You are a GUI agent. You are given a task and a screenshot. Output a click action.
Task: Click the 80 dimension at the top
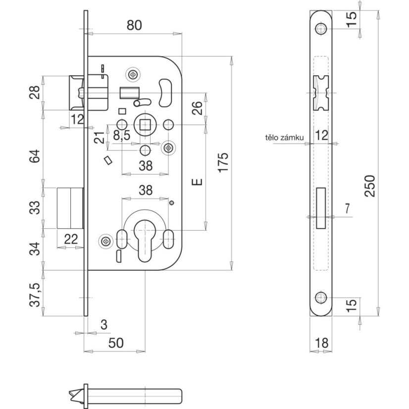134,25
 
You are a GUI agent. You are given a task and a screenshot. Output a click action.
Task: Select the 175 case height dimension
223,162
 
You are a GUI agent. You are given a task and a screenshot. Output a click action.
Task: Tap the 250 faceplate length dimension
369,186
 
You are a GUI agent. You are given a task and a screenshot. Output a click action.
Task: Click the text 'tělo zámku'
284,137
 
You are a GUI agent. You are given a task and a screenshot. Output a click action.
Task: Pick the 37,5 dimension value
35,295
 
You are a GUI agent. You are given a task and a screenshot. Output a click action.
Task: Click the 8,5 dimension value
121,135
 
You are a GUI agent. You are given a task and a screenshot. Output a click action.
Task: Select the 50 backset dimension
116,343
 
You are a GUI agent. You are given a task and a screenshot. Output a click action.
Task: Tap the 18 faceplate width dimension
321,343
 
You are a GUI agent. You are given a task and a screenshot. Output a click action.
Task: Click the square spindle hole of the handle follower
145,125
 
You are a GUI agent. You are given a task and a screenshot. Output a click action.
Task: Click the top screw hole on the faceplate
321,29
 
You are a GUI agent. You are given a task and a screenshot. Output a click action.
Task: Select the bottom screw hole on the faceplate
321,298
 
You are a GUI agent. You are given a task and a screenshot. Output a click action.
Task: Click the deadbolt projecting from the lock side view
70,208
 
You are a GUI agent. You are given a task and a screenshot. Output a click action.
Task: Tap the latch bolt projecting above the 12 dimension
76,93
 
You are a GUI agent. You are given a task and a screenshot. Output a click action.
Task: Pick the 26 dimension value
197,108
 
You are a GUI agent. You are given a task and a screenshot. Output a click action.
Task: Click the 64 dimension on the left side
35,156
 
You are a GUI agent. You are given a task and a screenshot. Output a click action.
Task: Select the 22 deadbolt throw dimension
71,239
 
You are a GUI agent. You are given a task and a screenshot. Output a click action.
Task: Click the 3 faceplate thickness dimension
104,325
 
